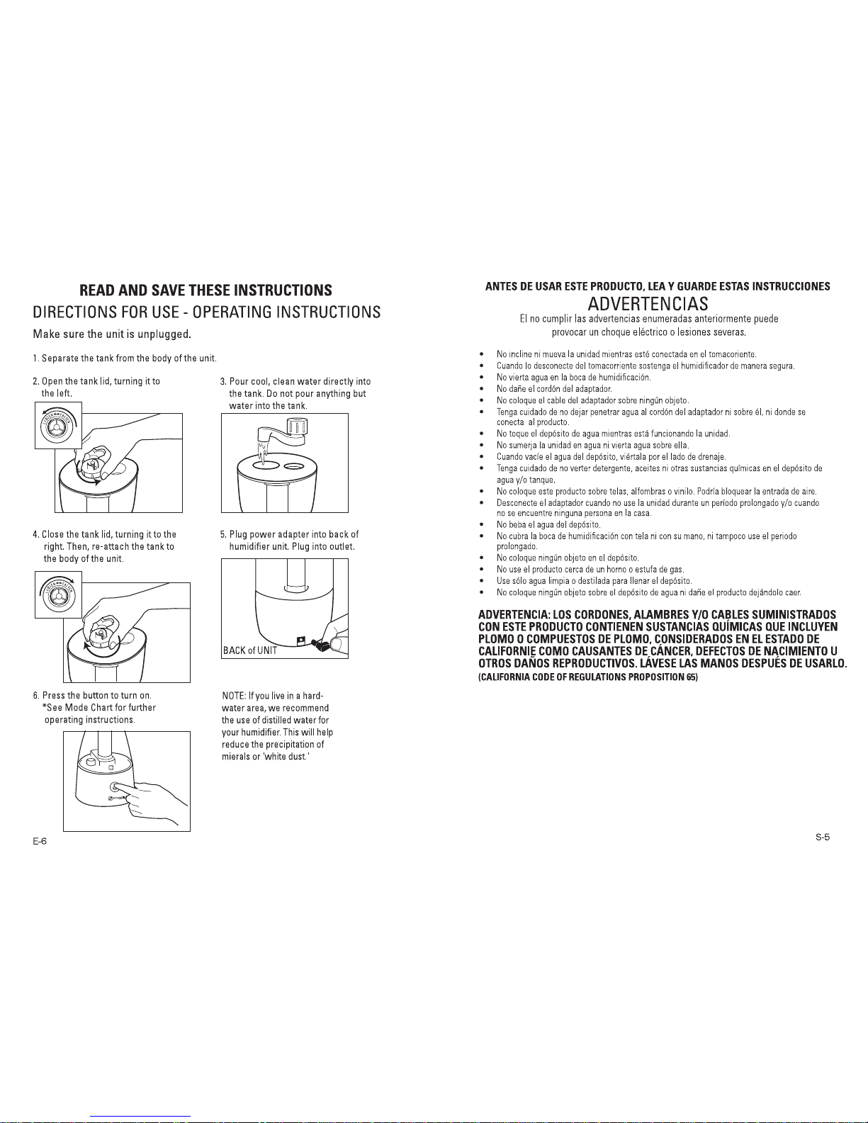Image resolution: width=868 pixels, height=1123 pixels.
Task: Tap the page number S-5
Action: click(822, 837)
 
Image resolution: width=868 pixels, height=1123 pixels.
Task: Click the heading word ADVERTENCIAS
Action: click(648, 304)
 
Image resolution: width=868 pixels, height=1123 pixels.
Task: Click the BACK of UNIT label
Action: click(249, 650)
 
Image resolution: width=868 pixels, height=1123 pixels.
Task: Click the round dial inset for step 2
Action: click(59, 425)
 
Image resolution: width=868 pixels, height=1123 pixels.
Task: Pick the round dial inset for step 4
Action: click(59, 594)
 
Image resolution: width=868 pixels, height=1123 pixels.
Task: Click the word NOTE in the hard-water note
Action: click(233, 695)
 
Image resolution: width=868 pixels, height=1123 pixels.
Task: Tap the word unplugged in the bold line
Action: click(163, 334)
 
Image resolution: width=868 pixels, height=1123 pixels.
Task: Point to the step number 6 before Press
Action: click(35, 695)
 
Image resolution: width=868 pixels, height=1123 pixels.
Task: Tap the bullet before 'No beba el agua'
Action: click(481, 525)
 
